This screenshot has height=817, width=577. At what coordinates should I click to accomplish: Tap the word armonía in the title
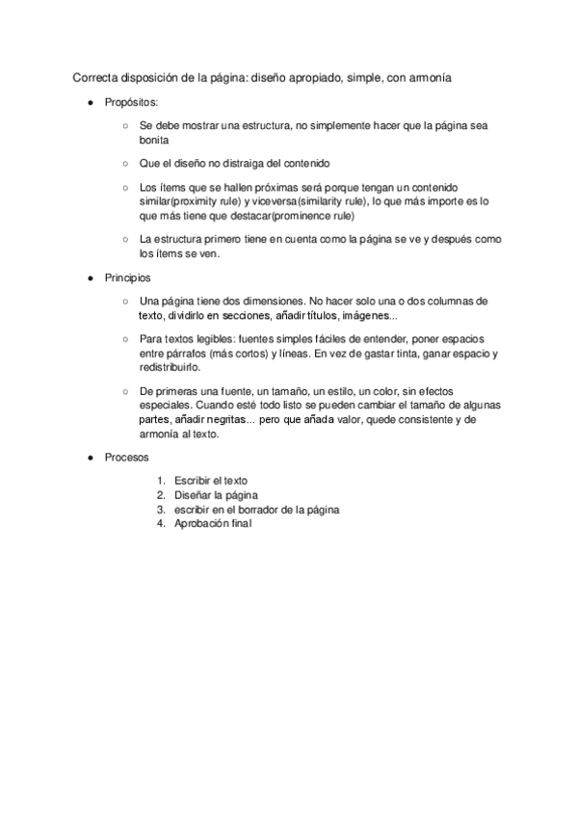pos(427,76)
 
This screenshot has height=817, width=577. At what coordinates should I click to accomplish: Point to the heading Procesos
pos(128,456)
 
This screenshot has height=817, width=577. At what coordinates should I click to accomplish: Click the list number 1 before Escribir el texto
pos(161,480)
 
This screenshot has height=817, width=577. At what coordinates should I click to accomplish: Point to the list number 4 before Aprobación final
pos(161,523)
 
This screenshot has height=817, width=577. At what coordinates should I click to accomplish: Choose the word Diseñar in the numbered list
pos(193,494)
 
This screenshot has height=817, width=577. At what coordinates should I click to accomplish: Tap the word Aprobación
pos(203,523)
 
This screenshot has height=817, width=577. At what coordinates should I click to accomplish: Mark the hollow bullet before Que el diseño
pos(125,164)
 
